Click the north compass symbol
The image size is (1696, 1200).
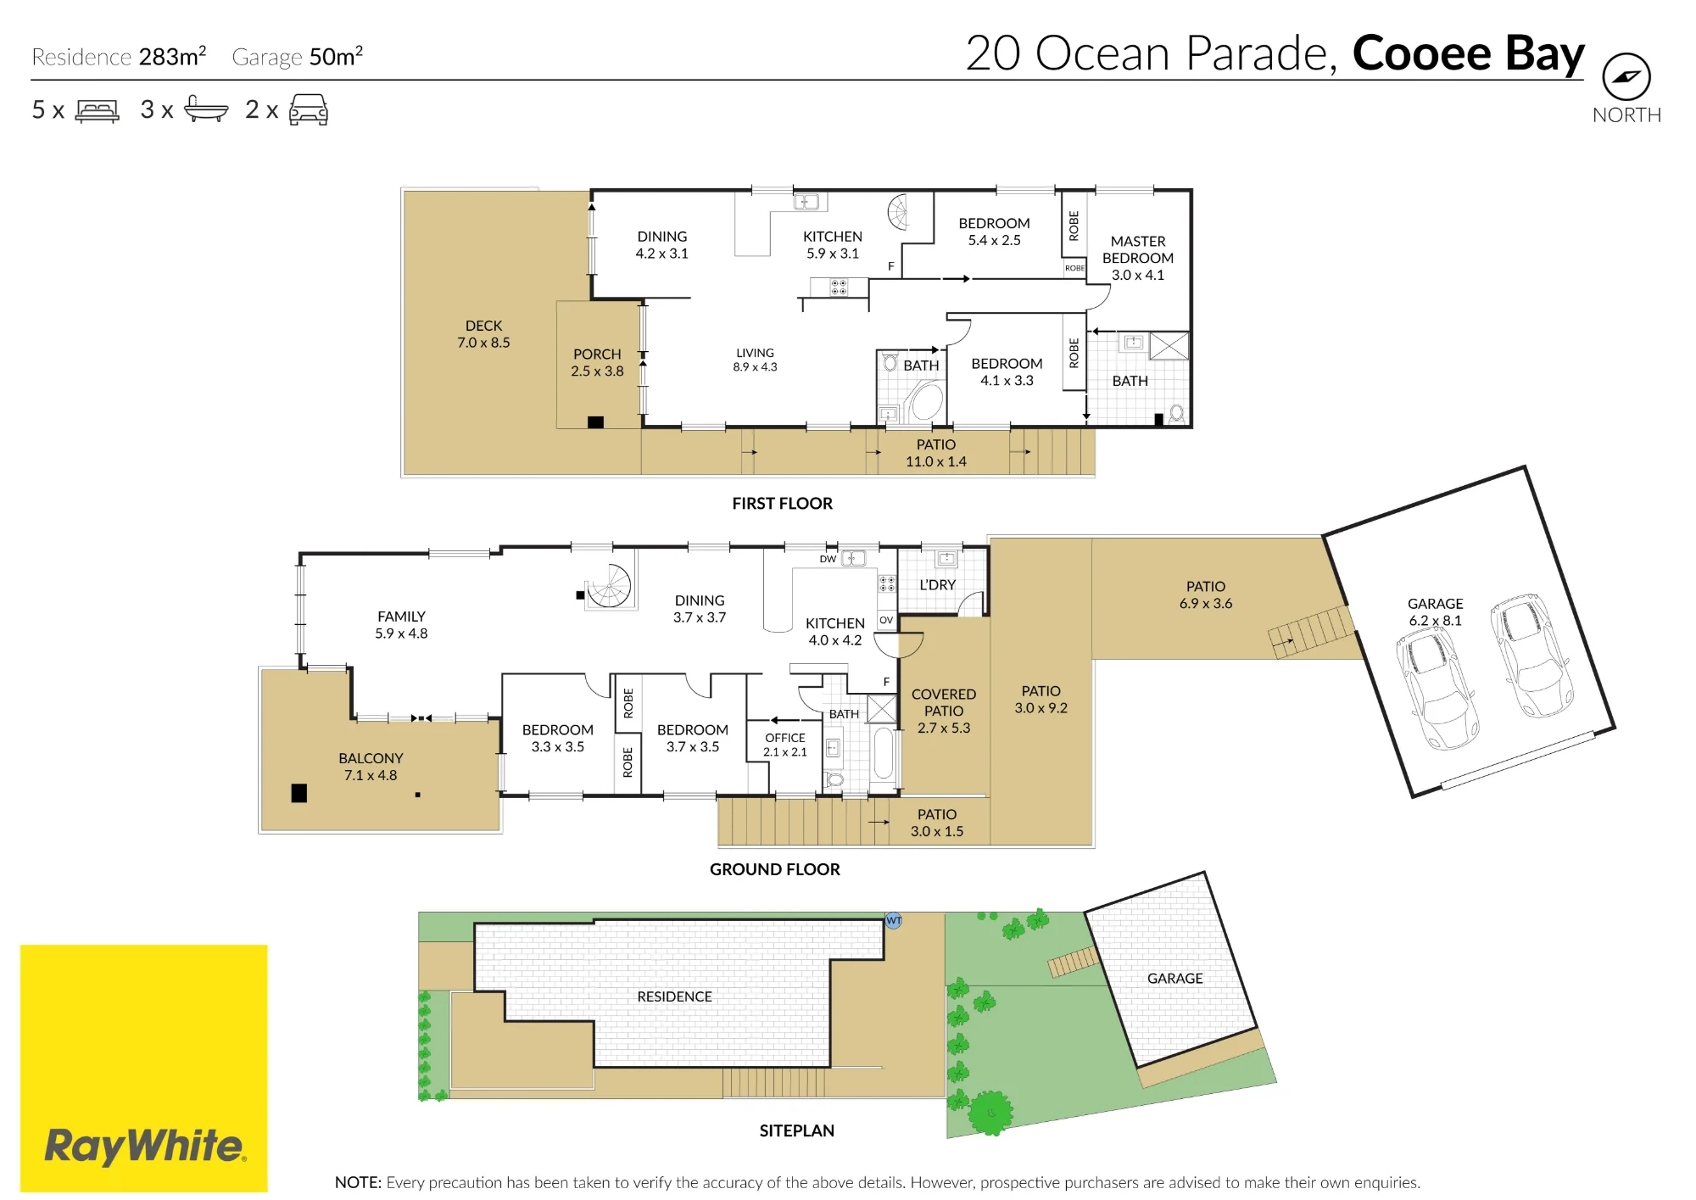coord(1626,77)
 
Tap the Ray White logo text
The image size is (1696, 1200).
coord(145,1146)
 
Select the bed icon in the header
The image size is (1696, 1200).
coord(98,110)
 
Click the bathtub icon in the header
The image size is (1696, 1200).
coord(206,109)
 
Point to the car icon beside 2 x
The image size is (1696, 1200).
coord(309,110)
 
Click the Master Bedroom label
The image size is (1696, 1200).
coord(1138,258)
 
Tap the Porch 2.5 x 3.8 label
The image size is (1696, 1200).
coord(597,362)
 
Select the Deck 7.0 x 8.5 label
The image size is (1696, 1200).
coord(483,334)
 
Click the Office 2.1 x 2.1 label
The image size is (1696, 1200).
coord(785,745)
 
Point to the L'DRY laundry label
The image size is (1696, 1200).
coord(937,585)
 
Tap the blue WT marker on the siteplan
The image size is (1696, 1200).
coord(894,920)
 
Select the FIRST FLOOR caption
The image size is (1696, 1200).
coord(782,504)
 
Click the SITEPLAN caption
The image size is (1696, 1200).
coord(797,1130)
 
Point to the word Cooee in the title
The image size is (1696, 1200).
coord(1421,53)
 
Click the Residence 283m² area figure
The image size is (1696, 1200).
coord(119,57)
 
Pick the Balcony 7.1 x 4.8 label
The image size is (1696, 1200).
coord(371,767)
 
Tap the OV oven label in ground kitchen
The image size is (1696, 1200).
coord(886,620)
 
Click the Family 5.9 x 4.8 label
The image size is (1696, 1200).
coord(401,625)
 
